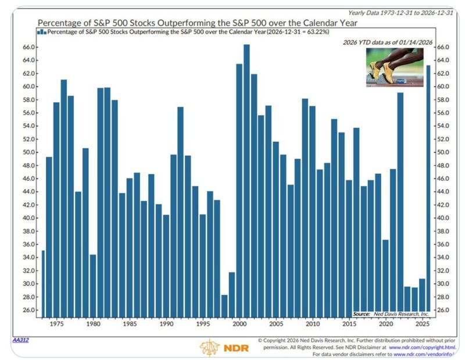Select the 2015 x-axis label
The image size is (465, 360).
349,323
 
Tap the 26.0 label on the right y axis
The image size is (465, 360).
443,310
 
